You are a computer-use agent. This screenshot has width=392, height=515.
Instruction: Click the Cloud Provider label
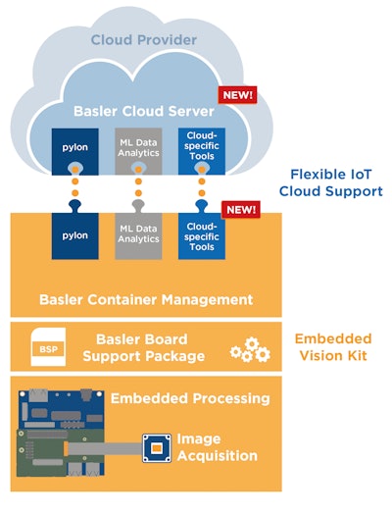tap(144, 40)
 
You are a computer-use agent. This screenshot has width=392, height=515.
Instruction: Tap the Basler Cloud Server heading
tap(144, 110)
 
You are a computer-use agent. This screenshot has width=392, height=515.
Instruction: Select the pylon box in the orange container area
tap(75, 236)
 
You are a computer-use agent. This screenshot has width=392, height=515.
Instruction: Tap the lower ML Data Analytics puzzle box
tap(138, 236)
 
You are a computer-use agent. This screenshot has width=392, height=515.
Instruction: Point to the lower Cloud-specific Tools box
tap(202, 236)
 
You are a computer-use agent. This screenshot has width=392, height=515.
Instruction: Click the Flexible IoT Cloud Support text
tap(329, 181)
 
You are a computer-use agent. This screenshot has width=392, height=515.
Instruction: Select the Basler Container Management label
tap(145, 299)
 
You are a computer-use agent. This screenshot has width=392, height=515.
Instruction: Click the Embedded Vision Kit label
tap(333, 346)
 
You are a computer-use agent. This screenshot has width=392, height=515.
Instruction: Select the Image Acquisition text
tap(217, 447)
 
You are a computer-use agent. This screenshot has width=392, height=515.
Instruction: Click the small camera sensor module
tap(155, 449)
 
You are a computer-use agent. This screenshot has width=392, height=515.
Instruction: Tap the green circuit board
tap(59, 438)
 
